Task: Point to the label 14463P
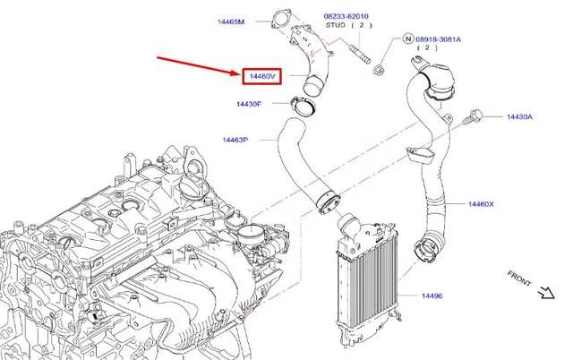(x=235, y=141)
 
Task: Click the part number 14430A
(x=519, y=117)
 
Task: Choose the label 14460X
(x=481, y=204)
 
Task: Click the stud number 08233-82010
(x=346, y=17)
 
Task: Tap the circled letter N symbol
(x=407, y=39)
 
